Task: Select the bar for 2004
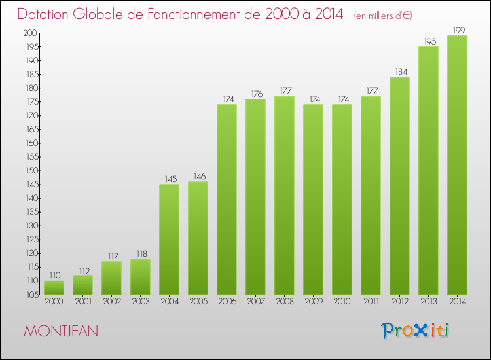[x=169, y=239]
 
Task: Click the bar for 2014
[x=457, y=165]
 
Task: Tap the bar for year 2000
[x=54, y=287]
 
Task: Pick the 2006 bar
[x=227, y=199]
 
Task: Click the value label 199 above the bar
[x=457, y=30]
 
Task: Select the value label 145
[x=169, y=179]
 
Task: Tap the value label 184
[x=399, y=72]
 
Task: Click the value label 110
[x=54, y=276]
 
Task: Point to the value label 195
[x=428, y=41]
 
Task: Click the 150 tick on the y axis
[x=30, y=171]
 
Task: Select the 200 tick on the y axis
[x=30, y=33]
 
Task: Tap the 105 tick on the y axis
[x=30, y=295]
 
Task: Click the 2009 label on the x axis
[x=313, y=301]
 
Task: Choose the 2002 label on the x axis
[x=111, y=301]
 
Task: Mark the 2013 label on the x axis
[x=428, y=301]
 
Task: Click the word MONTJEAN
[x=61, y=331]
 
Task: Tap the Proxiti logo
[x=416, y=331]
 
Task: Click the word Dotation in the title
[x=47, y=14]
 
